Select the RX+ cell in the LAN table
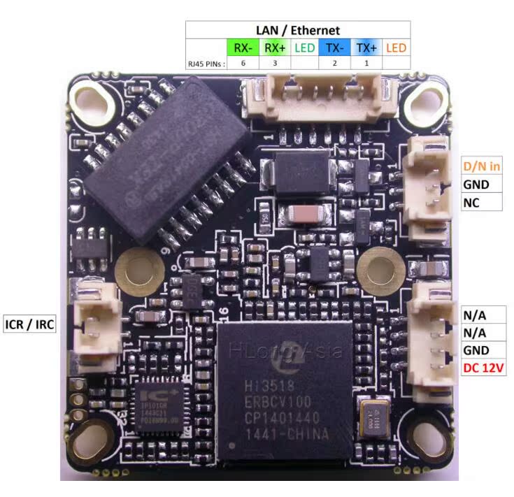click(x=273, y=48)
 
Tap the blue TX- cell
click(x=334, y=48)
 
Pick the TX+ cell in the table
click(x=366, y=48)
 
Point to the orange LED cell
click(x=397, y=48)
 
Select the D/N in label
click(x=482, y=166)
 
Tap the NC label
click(x=471, y=203)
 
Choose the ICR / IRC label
click(x=29, y=324)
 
